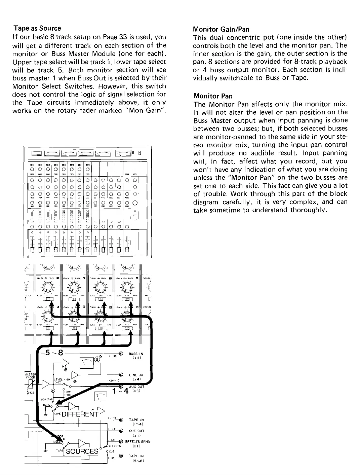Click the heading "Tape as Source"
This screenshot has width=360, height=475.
point(37,28)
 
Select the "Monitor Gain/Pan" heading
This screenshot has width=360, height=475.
point(221,29)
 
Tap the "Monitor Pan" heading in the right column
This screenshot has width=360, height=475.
point(213,96)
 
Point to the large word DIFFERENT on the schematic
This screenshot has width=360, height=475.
point(76,413)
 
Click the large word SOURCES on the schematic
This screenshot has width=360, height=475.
point(82,451)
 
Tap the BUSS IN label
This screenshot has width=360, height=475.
point(136,354)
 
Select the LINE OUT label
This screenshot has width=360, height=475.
point(137,375)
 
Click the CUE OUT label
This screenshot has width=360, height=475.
point(136,431)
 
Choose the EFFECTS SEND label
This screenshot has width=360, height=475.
point(137,441)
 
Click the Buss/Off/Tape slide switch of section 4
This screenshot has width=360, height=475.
point(126,299)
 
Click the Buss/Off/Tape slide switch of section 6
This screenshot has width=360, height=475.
point(74,328)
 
